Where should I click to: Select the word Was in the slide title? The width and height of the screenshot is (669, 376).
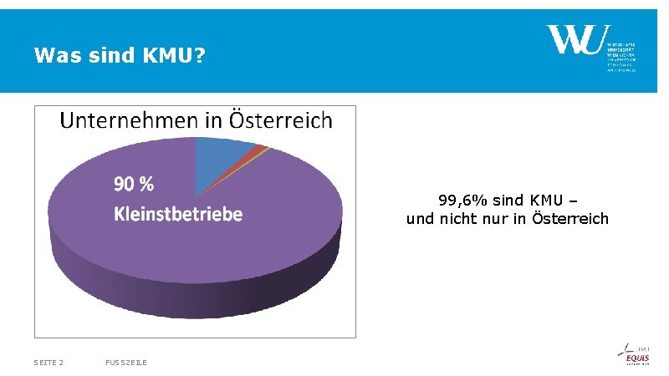coord(52,57)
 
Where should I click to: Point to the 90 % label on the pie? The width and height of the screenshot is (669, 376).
coord(134,184)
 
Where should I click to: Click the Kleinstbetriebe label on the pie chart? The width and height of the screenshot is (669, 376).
coord(178,214)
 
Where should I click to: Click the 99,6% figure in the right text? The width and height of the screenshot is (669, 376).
coord(463,201)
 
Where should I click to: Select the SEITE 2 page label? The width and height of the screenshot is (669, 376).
coord(49,362)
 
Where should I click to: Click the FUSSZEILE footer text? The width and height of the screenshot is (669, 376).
coord(126,362)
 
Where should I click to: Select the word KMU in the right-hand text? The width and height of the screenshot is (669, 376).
coord(544,201)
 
